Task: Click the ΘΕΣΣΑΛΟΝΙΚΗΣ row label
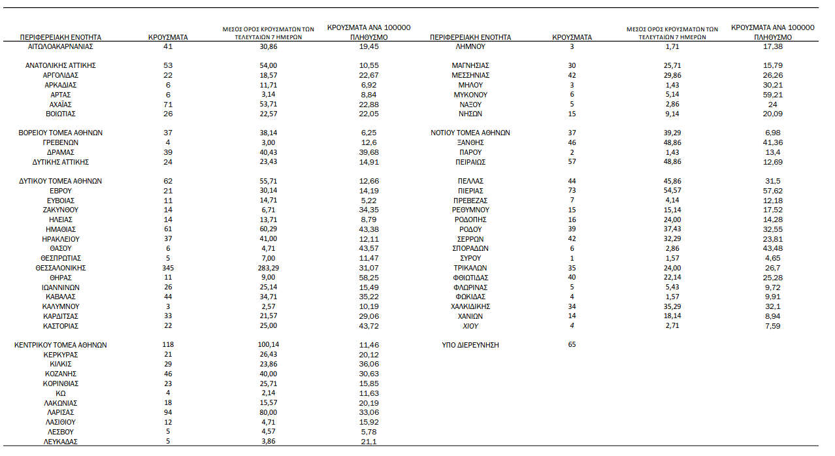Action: [61, 268]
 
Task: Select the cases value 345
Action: [169, 268]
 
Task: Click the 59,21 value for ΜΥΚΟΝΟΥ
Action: [772, 95]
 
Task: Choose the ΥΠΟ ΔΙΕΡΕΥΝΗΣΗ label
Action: [470, 345]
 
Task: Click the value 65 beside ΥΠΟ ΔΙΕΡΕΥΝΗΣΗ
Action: [572, 344]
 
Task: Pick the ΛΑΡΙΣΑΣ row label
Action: [61, 413]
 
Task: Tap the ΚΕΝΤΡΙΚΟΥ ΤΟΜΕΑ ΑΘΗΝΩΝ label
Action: [61, 345]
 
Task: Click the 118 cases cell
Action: [169, 345]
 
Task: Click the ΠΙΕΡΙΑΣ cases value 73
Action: [572, 191]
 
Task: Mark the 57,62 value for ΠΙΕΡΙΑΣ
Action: [772, 191]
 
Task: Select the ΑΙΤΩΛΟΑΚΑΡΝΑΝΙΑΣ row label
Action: [61, 47]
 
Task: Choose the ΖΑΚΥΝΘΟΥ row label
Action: [61, 210]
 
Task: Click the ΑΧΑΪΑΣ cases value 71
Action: [169, 105]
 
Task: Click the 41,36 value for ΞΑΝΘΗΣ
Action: [772, 142]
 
